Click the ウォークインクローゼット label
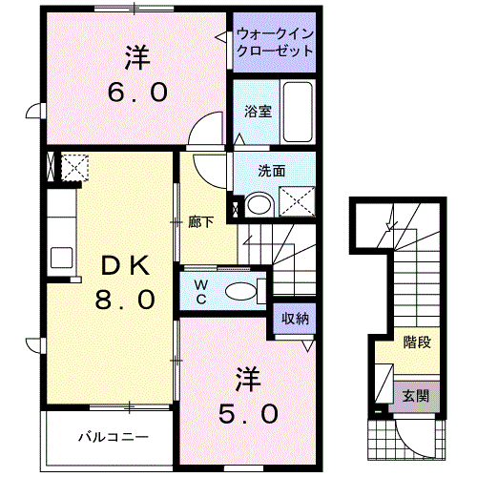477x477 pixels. [275, 42]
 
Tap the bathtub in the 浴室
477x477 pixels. [298, 112]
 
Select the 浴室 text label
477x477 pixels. [258, 112]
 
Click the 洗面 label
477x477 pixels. [271, 171]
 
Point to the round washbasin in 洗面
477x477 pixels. [259, 205]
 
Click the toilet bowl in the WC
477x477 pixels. [240, 291]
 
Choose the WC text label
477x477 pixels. [201, 292]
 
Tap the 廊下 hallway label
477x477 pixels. [200, 222]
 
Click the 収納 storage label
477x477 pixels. [295, 319]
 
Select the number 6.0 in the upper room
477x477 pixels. [137, 92]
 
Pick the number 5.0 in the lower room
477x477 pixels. [248, 414]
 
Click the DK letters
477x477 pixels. [125, 265]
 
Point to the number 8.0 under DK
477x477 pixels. [125, 300]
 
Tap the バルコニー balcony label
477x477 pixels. [114, 437]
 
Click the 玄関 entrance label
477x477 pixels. [416, 396]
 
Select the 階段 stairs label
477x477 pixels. [417, 342]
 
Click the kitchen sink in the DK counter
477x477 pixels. [61, 258]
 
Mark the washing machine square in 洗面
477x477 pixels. [297, 201]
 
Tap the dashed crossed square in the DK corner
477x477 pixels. [74, 168]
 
